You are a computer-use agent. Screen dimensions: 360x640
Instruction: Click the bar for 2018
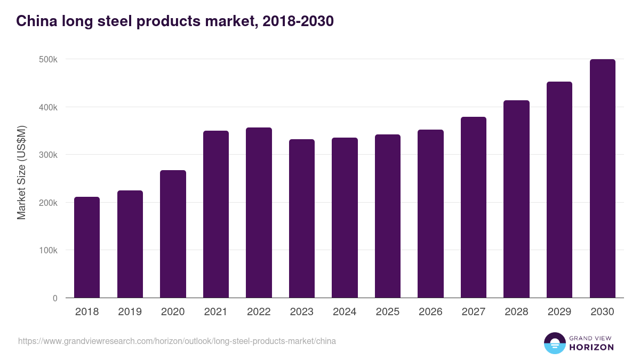point(87,247)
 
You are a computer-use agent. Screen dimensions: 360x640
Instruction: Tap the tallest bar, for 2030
point(602,179)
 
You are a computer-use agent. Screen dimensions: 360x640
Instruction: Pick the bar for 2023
point(302,219)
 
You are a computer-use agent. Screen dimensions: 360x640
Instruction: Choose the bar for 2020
point(173,234)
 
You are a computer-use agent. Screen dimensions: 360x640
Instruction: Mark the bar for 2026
point(430,214)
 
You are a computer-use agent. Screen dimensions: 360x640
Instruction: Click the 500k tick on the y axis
point(48,59)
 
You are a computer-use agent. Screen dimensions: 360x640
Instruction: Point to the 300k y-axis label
point(48,155)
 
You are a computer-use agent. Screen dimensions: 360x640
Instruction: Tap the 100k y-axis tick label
point(48,251)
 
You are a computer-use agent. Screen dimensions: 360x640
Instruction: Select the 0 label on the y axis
point(55,298)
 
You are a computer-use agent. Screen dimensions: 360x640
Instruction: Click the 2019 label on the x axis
point(130,312)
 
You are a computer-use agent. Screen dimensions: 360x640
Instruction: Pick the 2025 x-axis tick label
point(388,312)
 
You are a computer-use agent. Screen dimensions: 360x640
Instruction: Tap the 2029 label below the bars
point(559,312)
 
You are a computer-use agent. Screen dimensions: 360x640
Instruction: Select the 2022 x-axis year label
point(259,312)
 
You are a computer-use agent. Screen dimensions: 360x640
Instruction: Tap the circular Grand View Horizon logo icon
point(554,343)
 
